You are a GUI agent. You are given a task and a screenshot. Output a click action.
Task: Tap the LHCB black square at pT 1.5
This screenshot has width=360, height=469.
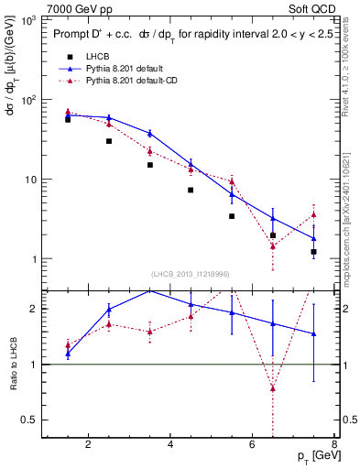68,119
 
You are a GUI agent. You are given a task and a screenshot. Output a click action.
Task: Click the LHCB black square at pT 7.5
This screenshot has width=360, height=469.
313,251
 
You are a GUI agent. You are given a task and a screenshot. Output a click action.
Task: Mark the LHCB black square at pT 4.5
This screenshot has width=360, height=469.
191,190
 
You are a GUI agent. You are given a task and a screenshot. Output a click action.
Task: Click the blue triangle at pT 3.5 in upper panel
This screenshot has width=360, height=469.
149,134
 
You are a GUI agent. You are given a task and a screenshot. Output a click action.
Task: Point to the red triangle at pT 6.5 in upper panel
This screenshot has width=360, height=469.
273,245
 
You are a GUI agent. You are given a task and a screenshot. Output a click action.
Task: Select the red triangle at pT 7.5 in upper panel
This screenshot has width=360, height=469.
313,215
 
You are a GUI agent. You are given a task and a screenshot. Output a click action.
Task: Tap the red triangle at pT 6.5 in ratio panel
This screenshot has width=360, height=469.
273,387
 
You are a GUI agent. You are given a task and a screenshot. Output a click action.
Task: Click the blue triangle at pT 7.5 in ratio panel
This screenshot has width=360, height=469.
313,334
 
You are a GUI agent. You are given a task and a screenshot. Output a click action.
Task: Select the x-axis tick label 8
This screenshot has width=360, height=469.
334,445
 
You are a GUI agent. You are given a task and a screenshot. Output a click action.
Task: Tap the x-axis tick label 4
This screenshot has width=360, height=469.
170,445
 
